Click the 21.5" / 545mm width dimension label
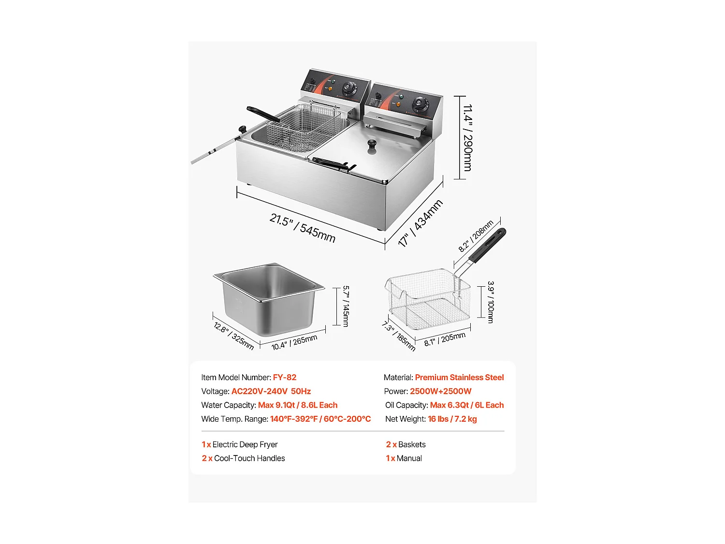click(x=303, y=228)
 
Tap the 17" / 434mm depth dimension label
click(x=420, y=223)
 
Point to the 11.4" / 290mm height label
click(x=468, y=138)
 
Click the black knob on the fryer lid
click(x=372, y=144)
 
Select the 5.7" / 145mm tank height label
click(x=346, y=306)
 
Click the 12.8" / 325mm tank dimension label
click(x=233, y=335)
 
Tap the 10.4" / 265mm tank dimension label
click(x=294, y=342)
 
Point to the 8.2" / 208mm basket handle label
click(x=476, y=236)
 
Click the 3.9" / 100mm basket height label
click(x=491, y=302)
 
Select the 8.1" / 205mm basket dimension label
click(x=445, y=339)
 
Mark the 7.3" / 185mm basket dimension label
click(x=399, y=336)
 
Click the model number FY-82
click(x=285, y=378)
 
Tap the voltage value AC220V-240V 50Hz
click(x=271, y=392)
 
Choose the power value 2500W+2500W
click(x=440, y=392)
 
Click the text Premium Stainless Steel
click(x=459, y=378)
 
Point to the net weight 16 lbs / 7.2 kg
click(x=452, y=419)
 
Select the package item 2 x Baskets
click(x=406, y=445)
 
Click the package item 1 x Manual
click(x=404, y=458)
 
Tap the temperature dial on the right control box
click(x=420, y=104)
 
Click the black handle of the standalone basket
click(x=488, y=246)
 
